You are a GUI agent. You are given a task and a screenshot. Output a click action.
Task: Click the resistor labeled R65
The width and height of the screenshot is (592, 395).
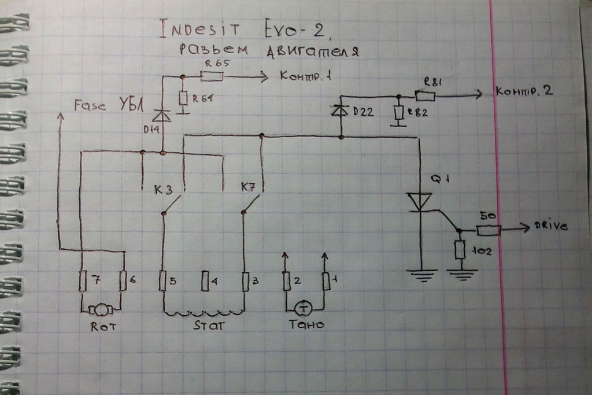212,76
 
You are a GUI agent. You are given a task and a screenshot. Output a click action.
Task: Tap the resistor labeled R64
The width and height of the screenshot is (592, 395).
183,98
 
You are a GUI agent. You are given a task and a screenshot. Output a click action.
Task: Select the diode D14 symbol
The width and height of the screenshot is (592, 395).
163,116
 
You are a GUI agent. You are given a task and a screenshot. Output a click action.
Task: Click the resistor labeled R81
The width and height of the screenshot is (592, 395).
425,95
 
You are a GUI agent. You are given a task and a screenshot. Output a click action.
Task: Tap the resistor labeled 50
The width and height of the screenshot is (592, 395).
489,230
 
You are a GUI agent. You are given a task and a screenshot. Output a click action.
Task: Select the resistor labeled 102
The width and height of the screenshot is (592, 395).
460,250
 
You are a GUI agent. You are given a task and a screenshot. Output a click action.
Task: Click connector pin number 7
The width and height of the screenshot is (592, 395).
82,281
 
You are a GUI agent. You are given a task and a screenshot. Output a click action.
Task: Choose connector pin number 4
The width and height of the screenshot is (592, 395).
205,282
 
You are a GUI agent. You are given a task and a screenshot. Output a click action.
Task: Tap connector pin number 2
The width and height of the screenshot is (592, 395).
286,281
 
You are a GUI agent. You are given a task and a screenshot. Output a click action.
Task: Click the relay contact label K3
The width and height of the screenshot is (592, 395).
162,190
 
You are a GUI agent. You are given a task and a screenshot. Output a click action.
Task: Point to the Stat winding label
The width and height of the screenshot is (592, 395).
208,326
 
